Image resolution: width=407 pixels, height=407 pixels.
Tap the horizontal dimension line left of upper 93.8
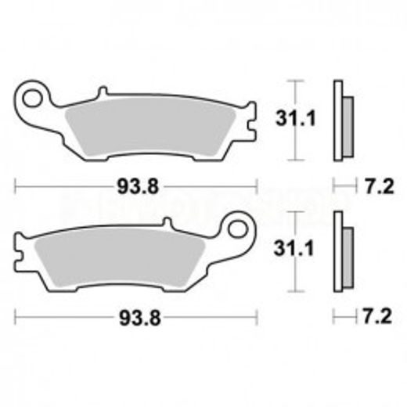tap(63, 186)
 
